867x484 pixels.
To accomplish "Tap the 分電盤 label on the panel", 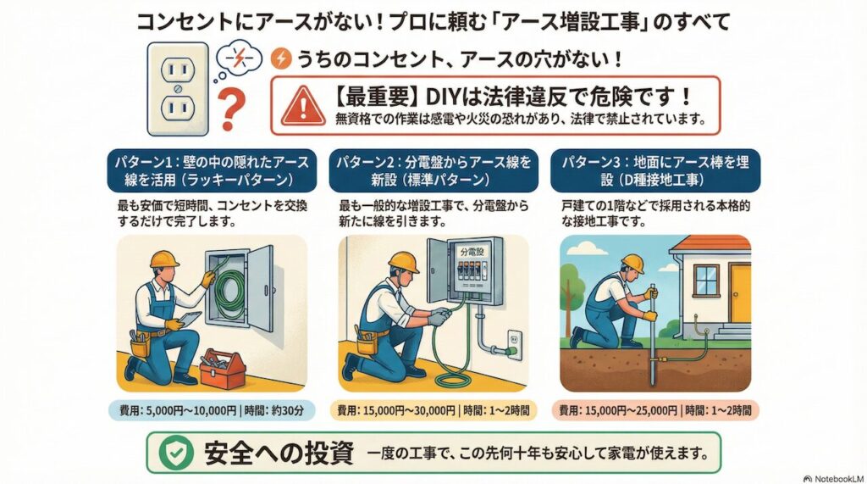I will pos(473,253).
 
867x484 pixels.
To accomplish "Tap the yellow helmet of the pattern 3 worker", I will pos(632,263).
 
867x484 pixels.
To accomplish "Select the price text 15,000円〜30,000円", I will pos(406,410).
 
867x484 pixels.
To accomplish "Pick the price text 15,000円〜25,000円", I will pos(627,410).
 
